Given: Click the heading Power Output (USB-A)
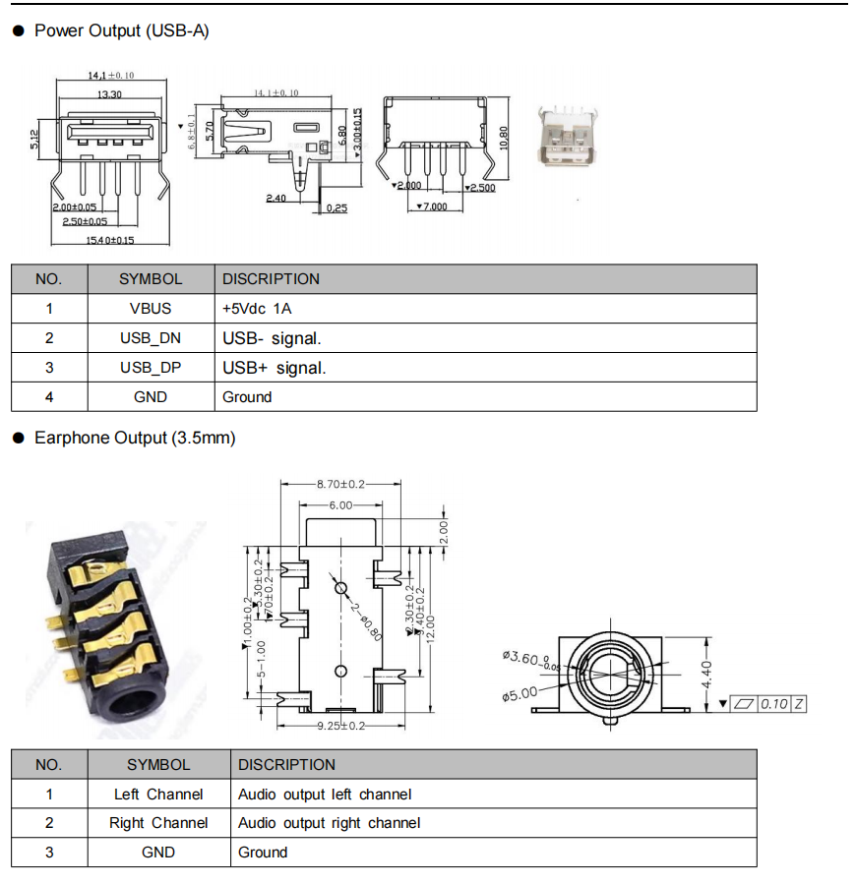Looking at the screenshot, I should click(122, 30).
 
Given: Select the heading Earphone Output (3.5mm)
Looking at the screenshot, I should click(135, 438).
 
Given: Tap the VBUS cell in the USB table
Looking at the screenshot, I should click(151, 309).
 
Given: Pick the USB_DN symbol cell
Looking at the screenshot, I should click(151, 338).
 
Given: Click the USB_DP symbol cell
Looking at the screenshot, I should click(151, 368).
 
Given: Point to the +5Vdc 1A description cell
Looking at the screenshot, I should click(257, 309).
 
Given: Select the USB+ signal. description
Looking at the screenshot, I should click(274, 368).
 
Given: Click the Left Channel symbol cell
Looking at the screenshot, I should click(158, 795).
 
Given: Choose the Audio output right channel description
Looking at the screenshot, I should click(329, 823).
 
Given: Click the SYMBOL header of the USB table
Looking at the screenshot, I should click(151, 279).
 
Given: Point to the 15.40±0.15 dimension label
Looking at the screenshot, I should click(109, 240).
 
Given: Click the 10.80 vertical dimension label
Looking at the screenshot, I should click(504, 138).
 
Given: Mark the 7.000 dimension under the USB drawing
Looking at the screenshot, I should click(432, 206).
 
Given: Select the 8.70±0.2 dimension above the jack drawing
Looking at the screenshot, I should click(340, 485).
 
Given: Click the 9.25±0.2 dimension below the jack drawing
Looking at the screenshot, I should click(340, 726).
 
